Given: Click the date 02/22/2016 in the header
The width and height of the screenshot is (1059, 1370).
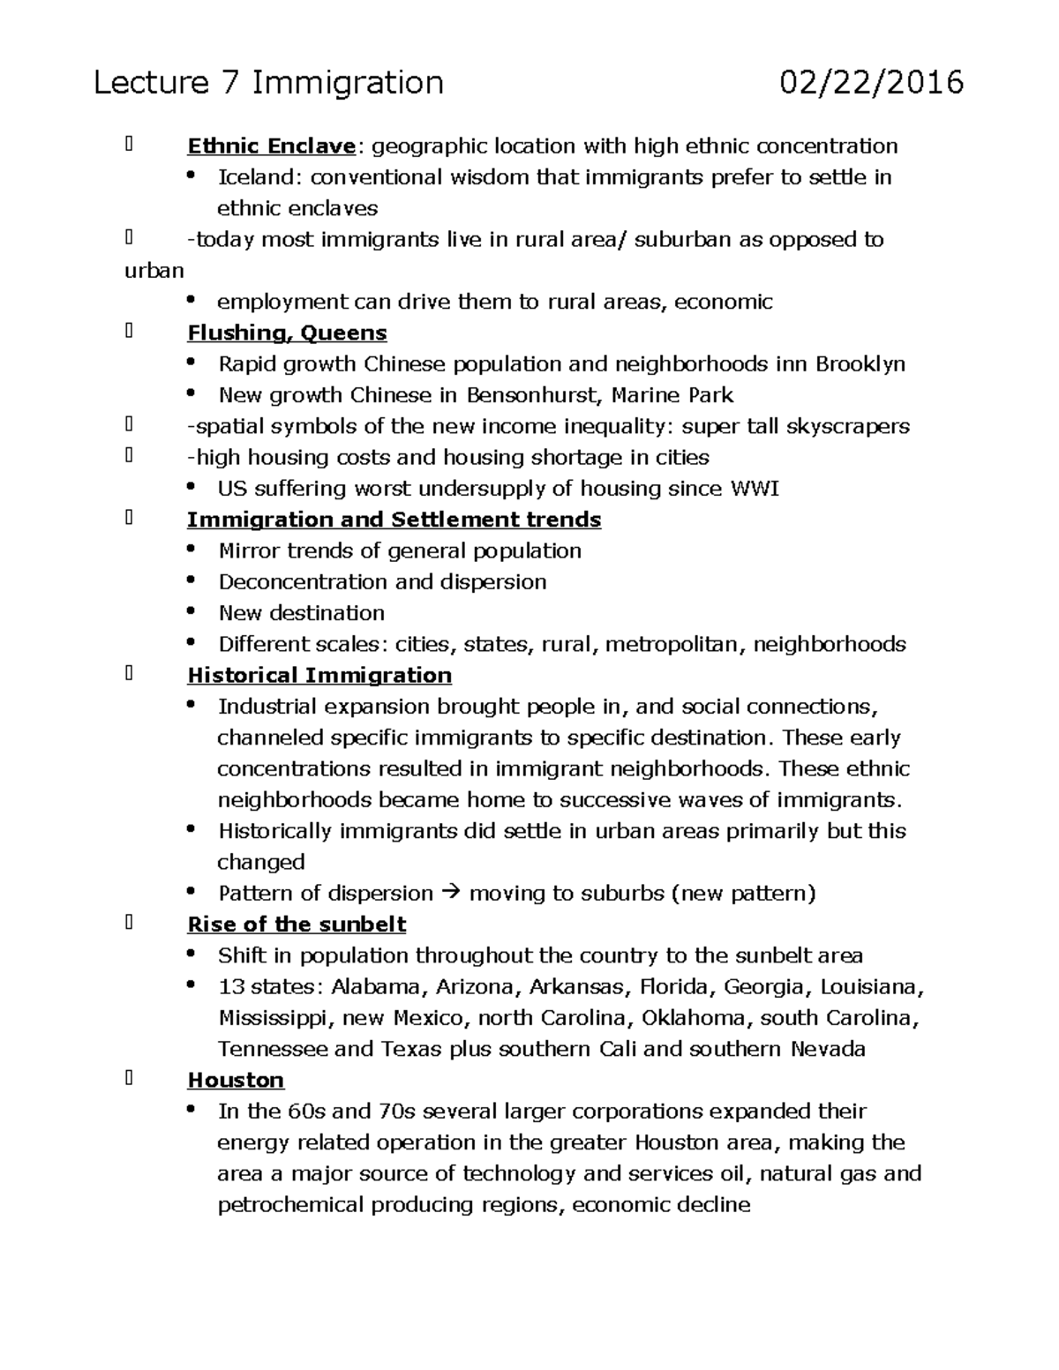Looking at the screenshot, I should tap(871, 83).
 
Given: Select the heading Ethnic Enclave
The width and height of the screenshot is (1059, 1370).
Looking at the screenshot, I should tap(271, 146).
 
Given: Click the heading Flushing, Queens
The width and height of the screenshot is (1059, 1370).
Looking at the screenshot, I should tap(287, 333).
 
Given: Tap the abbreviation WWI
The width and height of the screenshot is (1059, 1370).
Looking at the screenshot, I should tap(755, 489).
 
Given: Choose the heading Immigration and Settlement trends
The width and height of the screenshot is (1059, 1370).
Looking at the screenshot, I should tap(394, 520).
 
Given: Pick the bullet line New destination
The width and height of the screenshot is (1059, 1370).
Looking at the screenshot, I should tap(301, 613).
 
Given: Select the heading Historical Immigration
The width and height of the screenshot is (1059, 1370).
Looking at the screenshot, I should tap(319, 676).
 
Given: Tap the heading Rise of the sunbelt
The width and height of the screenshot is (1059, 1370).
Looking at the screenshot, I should tap(297, 925).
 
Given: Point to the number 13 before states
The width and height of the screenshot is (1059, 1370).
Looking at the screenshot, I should tap(230, 987).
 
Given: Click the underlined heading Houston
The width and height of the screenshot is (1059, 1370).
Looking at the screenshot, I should tap(236, 1081).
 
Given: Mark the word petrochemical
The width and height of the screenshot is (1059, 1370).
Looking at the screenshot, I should tap(290, 1205).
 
